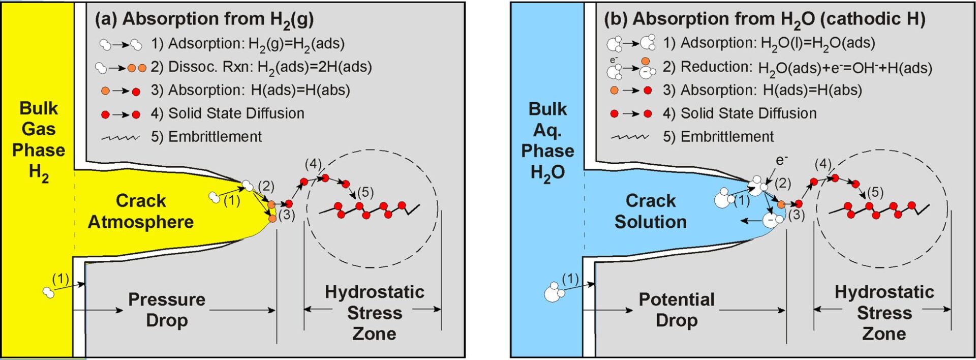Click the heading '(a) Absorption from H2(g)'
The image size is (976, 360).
[204, 19]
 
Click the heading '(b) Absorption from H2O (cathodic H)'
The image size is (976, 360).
[764, 19]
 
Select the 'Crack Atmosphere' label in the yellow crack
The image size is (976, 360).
[141, 211]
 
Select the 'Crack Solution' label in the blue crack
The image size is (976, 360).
[651, 211]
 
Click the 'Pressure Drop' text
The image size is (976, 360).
[167, 310]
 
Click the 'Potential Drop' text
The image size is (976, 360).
[677, 310]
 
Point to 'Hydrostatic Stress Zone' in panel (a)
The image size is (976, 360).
[375, 312]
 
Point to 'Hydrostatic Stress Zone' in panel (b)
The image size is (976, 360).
[884, 312]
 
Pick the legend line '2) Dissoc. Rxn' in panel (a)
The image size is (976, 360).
[261, 67]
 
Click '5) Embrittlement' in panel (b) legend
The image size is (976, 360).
[718, 137]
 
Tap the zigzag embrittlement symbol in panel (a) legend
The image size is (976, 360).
[120, 138]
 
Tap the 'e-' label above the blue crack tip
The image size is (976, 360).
[781, 161]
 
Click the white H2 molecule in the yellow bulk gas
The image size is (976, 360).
[49, 292]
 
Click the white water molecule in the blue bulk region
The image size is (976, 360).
[553, 293]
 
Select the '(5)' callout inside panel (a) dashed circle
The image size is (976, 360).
[365, 193]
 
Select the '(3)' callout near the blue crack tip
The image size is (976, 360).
[797, 215]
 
